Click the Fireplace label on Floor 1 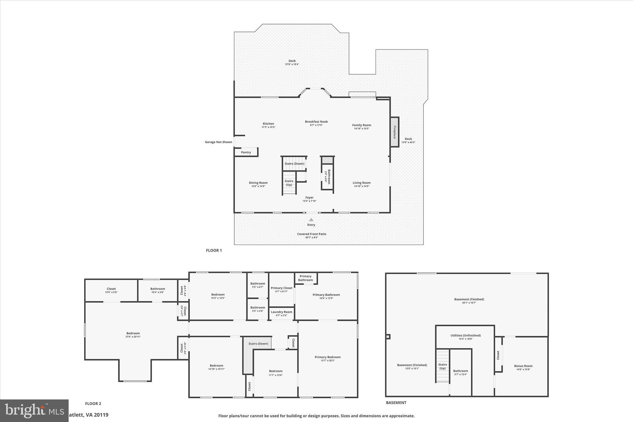[394, 132]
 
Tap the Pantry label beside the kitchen [246, 152]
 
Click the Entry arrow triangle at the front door [311, 220]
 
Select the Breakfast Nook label [316, 122]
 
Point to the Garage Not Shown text [218, 142]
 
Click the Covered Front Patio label [312, 234]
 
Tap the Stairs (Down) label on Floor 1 [294, 164]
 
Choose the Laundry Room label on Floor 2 [281, 312]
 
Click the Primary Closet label [281, 288]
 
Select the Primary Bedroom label [328, 357]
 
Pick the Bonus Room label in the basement [523, 366]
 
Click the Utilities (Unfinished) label [465, 335]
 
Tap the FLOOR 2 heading [93, 403]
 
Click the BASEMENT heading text [396, 403]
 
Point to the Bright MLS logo [34, 411]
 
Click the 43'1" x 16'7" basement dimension [469, 303]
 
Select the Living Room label [362, 183]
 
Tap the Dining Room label [258, 183]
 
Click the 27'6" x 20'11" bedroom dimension [133, 337]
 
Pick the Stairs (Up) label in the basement [443, 366]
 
